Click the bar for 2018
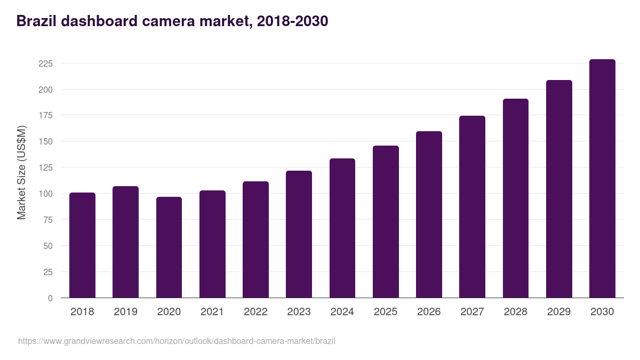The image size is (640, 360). [x=82, y=245]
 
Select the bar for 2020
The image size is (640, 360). [x=169, y=247]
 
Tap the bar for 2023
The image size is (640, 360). [x=299, y=234]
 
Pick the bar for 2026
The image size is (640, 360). [x=429, y=214]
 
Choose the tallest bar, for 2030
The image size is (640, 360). [x=602, y=179]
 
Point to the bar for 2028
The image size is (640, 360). [x=515, y=198]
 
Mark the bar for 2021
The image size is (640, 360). [x=212, y=244]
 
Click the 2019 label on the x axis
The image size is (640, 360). [x=125, y=311]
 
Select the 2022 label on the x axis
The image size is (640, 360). [x=255, y=311]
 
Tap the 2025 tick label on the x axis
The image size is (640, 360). [x=386, y=311]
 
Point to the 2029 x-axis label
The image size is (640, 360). [x=559, y=311]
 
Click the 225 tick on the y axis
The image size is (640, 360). [x=45, y=63]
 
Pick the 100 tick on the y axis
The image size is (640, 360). [x=45, y=194]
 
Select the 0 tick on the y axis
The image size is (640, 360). [x=50, y=298]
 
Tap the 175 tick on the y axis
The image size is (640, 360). [x=45, y=115]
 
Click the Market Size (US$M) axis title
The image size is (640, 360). [x=21, y=172]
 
